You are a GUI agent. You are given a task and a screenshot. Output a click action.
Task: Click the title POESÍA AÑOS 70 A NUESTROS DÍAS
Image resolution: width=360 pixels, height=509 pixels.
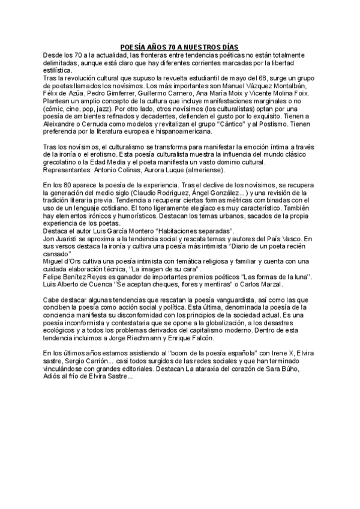[179, 47]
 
